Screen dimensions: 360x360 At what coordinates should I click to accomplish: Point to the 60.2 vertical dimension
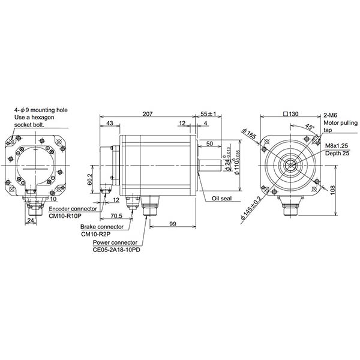(x=90, y=178)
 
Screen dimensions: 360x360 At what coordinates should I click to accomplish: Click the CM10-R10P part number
(x=64, y=216)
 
